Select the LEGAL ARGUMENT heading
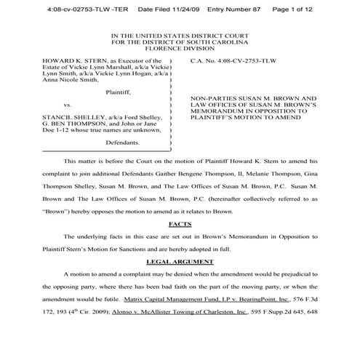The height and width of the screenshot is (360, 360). click(180, 260)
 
